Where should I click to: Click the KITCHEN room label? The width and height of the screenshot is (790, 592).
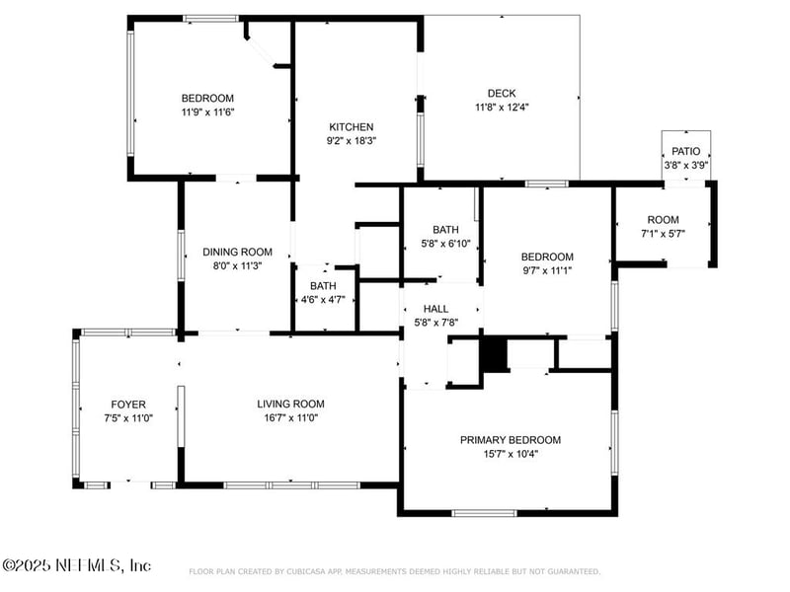click(x=351, y=126)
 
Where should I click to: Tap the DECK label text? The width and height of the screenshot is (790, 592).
click(x=502, y=94)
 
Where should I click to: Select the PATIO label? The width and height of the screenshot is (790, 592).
click(x=685, y=151)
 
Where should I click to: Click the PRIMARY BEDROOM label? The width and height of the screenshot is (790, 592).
click(x=510, y=440)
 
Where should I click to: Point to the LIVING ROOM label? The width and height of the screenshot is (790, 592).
click(x=290, y=404)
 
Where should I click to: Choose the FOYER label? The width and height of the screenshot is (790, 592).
click(x=128, y=405)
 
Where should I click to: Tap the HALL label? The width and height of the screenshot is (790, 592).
click(x=435, y=309)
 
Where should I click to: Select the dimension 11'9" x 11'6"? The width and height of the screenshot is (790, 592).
click(x=207, y=111)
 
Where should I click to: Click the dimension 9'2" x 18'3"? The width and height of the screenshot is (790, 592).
click(x=351, y=140)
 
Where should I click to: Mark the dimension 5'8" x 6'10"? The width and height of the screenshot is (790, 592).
click(x=445, y=243)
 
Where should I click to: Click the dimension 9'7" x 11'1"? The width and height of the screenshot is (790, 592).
click(x=547, y=269)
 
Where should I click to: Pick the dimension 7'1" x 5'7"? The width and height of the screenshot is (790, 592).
click(x=663, y=233)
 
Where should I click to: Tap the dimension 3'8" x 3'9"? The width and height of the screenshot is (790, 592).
click(x=685, y=165)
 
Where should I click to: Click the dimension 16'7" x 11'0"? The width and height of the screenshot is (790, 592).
click(x=290, y=417)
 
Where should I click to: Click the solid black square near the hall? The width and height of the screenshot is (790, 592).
click(x=493, y=354)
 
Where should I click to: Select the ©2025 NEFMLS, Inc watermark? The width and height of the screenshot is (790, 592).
click(x=77, y=565)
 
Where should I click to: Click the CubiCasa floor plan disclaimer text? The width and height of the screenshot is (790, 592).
click(x=394, y=571)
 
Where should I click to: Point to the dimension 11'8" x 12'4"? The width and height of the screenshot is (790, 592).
click(x=502, y=108)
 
